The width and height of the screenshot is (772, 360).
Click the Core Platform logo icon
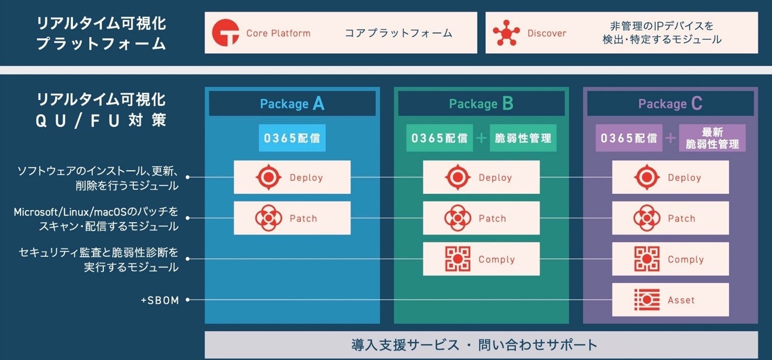(x=225, y=33)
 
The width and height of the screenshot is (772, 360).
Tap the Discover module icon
(x=506, y=33)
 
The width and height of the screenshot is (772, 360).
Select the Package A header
(x=292, y=104)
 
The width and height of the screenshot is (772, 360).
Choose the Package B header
(x=481, y=104)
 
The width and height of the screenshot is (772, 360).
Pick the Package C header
(x=670, y=104)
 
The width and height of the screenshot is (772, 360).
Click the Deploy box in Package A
(x=292, y=178)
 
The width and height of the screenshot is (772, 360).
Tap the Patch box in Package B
(x=481, y=219)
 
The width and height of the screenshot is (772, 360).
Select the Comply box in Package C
(x=670, y=259)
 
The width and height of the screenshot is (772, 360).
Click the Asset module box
(x=670, y=300)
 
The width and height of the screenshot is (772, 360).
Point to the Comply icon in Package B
(x=458, y=259)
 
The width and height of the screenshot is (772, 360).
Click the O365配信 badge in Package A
(x=292, y=138)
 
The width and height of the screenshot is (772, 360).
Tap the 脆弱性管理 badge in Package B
(x=523, y=138)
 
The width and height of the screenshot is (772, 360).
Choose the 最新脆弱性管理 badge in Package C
(x=712, y=138)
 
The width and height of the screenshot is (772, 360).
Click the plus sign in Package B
(x=481, y=138)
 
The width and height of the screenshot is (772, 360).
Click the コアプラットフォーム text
(x=398, y=33)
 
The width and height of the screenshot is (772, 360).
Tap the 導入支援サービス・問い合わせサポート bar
(x=481, y=345)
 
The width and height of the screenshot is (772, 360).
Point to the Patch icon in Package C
(x=647, y=219)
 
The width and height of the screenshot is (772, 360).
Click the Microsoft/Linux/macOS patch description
(x=96, y=219)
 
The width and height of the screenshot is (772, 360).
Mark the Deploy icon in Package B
(x=458, y=178)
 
